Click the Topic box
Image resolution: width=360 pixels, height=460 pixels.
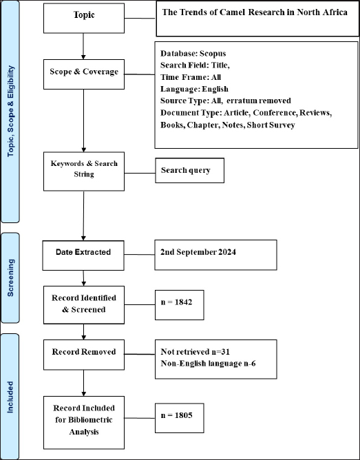(84, 18)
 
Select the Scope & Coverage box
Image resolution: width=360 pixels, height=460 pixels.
(84, 74)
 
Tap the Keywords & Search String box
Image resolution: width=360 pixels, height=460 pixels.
(84, 171)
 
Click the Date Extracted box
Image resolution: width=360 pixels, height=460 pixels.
(83, 255)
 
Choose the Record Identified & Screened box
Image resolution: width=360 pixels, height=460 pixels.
(84, 305)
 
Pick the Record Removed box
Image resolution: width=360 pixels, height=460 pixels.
(84, 355)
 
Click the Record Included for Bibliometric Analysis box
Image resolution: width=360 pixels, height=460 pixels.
(84, 422)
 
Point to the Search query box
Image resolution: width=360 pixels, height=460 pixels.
(190, 171)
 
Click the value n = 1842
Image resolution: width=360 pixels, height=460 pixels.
(176, 302)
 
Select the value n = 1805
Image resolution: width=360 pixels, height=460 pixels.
(176, 415)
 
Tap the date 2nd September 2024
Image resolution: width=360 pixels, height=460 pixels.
(198, 252)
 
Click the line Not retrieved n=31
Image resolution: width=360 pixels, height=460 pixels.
(195, 351)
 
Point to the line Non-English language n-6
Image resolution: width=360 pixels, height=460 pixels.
(208, 364)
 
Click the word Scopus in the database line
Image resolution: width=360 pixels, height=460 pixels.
(213, 54)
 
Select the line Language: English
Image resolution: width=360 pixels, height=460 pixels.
(194, 89)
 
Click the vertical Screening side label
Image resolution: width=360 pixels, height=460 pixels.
(10, 278)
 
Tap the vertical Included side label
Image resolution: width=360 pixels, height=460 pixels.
(10, 397)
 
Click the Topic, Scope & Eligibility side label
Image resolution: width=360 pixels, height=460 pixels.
(10, 111)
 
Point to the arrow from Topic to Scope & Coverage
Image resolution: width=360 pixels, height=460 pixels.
(83, 46)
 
